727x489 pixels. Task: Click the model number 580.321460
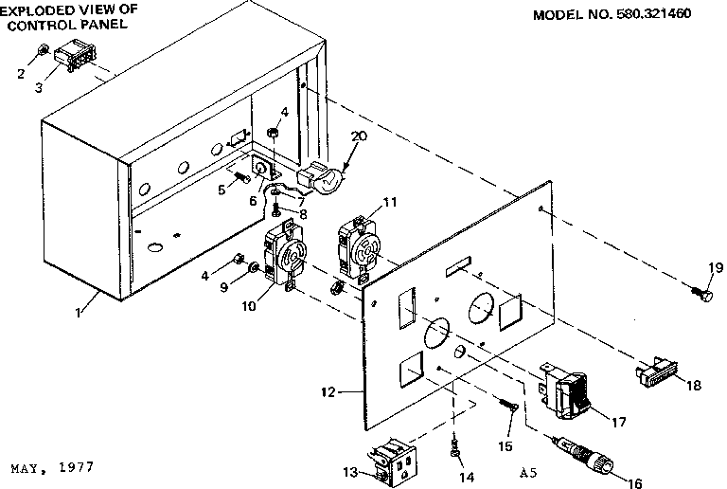pos(671,16)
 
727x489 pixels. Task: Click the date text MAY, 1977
pos(52,469)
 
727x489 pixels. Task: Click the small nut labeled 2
pos(44,49)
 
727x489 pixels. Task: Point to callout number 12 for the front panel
pos(351,389)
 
